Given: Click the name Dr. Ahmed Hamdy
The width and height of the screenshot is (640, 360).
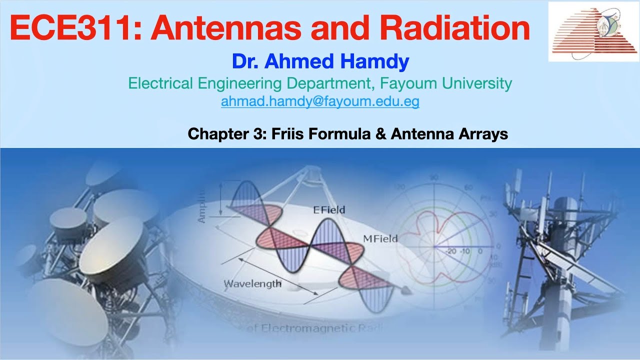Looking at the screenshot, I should [320, 62].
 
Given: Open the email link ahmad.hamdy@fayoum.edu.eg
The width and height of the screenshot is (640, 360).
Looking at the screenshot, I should [320, 101].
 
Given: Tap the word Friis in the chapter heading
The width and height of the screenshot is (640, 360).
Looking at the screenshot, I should [288, 134].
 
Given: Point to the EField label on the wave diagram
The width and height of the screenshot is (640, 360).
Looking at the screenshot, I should [329, 210].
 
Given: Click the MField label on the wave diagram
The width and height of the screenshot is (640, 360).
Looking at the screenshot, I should [381, 238].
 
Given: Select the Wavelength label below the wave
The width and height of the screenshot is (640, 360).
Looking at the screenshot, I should [252, 284].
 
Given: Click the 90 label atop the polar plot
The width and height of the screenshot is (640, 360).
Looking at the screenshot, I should [434, 177].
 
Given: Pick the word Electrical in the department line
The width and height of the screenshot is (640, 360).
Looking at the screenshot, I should [161, 83].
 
